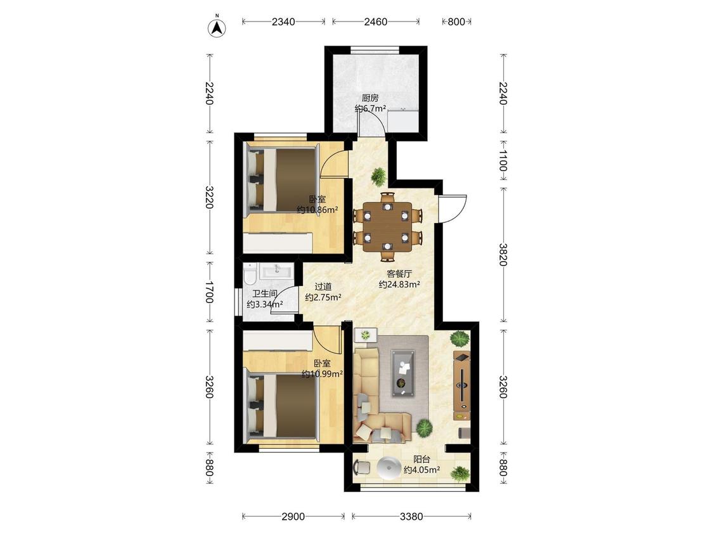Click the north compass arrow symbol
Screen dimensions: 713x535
[x=217, y=27]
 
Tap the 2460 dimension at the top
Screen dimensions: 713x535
[x=376, y=22]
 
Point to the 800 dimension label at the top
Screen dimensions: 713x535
[x=456, y=22]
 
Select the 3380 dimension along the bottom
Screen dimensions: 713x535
[x=411, y=517]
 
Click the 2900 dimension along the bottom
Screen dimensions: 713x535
[x=293, y=517]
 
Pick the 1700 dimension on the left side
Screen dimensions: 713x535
[x=209, y=292]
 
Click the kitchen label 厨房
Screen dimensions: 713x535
[x=370, y=98]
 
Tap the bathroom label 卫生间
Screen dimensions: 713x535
[x=265, y=294]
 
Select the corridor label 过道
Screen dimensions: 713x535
[x=323, y=287]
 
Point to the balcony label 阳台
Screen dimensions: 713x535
[x=421, y=460]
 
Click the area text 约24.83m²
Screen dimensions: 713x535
[x=399, y=285]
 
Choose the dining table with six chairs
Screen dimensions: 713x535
[x=387, y=226]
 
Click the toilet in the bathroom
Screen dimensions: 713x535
[x=250, y=274]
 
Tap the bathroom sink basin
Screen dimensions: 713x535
[x=276, y=272]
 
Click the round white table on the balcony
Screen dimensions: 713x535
[x=389, y=468]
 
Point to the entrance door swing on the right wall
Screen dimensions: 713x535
[x=453, y=209]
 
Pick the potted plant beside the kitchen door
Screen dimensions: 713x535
[x=378, y=176]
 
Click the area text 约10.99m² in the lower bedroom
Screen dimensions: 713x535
[x=322, y=374]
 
